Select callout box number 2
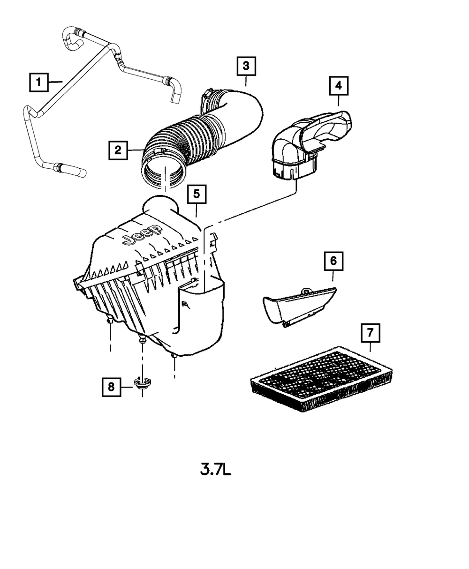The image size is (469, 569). point(118,150)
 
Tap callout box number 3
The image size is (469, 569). point(246,66)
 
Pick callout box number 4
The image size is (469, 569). point(338,86)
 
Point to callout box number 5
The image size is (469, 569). point(196,194)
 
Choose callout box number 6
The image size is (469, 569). point(333,261)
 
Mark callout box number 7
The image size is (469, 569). point(370,333)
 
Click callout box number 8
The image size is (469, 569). point(111,387)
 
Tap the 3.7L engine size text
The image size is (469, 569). point(216,470)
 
